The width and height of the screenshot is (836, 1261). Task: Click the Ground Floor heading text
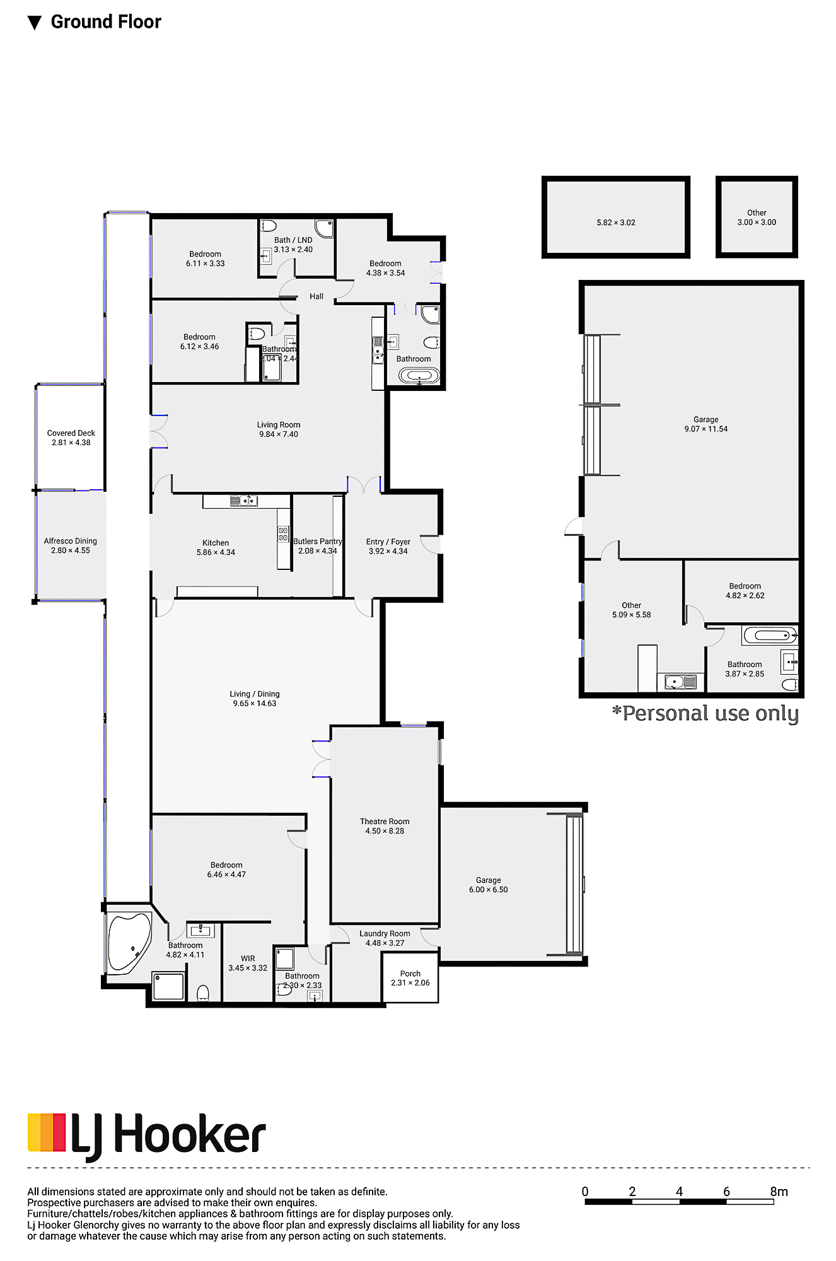pyautogui.click(x=105, y=22)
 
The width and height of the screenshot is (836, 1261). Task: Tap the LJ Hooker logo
pyautogui.click(x=146, y=1136)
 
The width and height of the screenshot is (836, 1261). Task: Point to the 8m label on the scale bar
pyautogui.click(x=779, y=1192)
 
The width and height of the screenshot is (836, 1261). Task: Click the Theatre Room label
pyautogui.click(x=385, y=822)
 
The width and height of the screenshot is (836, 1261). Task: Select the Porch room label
pyautogui.click(x=410, y=973)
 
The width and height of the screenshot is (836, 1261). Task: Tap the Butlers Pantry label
pyautogui.click(x=317, y=542)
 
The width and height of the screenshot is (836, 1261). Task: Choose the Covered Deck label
pyautogui.click(x=71, y=433)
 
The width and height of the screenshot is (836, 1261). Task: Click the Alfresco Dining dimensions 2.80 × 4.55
pyautogui.click(x=71, y=550)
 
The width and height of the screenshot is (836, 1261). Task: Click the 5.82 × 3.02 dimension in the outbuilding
pyautogui.click(x=616, y=223)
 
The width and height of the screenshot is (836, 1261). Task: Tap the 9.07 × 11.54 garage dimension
pyautogui.click(x=705, y=429)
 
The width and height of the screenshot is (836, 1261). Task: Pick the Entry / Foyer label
pyautogui.click(x=388, y=542)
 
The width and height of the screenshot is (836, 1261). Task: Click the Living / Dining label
pyautogui.click(x=254, y=694)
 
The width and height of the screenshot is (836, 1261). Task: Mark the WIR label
pyautogui.click(x=248, y=958)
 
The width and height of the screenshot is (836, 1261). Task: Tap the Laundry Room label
pyautogui.click(x=385, y=934)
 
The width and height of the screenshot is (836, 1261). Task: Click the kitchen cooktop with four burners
pyautogui.click(x=284, y=534)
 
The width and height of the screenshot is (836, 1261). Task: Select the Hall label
pyautogui.click(x=316, y=296)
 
